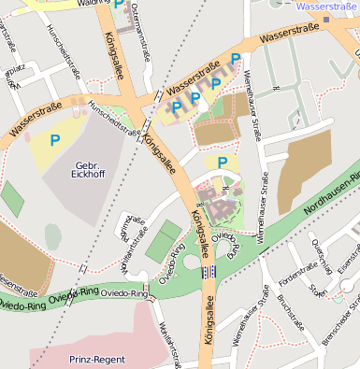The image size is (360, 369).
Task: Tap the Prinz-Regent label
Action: coord(96,358)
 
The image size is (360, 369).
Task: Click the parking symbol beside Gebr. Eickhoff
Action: coord(55,140)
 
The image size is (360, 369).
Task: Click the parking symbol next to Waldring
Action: coord(118,5)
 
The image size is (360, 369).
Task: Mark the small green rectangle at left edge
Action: coord(12,198)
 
